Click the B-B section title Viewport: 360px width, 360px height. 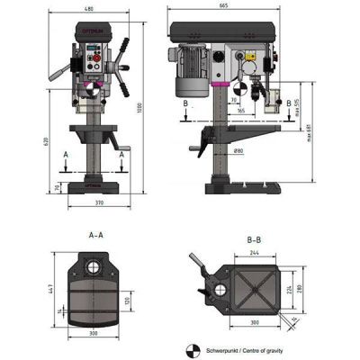pyautogui.click(x=255, y=240)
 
